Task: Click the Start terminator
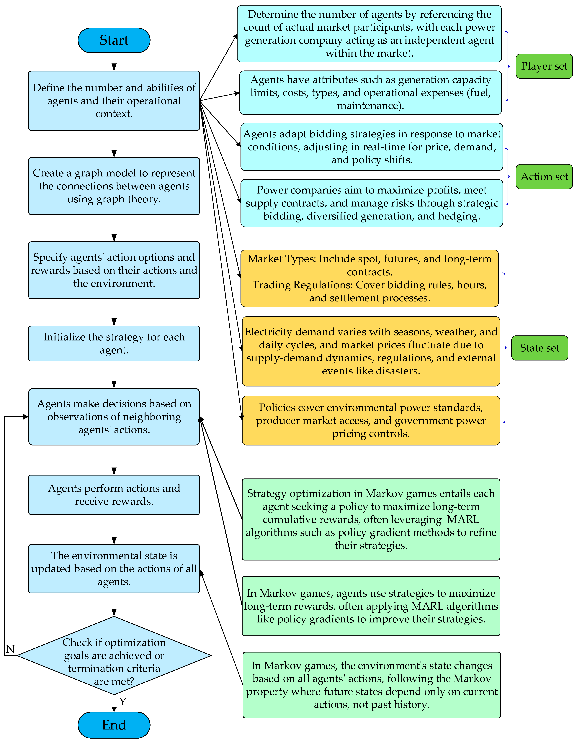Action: click(x=114, y=40)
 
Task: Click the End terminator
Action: click(x=114, y=725)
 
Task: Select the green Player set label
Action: click(x=544, y=66)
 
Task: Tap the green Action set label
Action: click(x=544, y=177)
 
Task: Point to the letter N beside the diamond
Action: click(x=10, y=649)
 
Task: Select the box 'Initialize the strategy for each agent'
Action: click(x=114, y=343)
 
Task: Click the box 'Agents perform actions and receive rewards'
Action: click(x=114, y=495)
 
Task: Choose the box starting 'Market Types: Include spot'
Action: click(x=369, y=278)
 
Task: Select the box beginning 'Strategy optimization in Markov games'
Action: click(x=371, y=519)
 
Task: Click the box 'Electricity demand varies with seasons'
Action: click(x=371, y=351)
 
